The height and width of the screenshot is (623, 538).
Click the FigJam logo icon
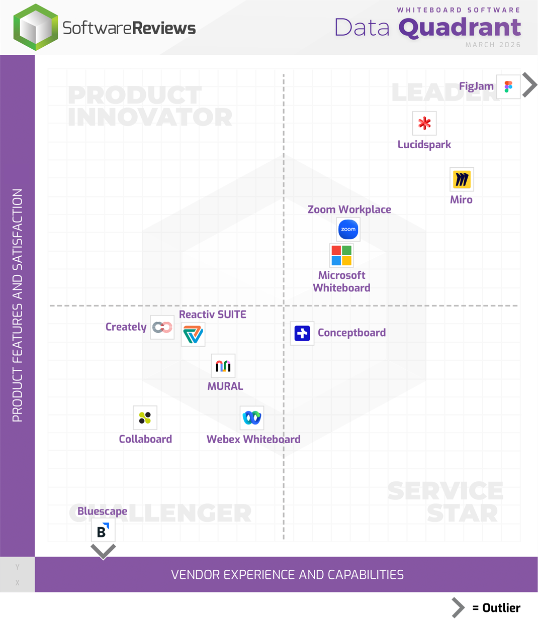point(508,87)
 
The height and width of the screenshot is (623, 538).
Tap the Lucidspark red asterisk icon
point(424,124)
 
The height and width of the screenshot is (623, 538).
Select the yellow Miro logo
point(462,179)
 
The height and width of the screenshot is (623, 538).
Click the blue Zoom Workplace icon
point(348,230)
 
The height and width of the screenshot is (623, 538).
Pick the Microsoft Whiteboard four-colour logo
point(341,255)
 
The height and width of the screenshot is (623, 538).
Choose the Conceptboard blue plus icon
point(302,333)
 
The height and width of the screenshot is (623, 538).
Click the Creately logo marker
point(162,328)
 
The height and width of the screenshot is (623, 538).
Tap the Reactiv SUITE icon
point(193,335)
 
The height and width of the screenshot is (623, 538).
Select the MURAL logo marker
point(223,366)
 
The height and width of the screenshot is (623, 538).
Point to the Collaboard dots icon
point(145,418)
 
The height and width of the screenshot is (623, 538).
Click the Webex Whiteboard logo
point(252,418)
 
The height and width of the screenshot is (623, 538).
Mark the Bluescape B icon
point(103,531)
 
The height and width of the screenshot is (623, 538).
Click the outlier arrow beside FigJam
point(529,85)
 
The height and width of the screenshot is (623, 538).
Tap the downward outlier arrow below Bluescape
point(103,552)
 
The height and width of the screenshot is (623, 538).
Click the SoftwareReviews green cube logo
point(36,28)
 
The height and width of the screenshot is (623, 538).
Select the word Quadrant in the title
point(460,28)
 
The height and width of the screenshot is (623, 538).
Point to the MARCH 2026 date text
point(493,45)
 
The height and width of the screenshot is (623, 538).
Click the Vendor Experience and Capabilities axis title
point(287,575)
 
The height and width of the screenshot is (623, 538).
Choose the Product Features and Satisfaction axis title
point(18,305)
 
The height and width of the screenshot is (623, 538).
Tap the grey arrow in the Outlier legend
point(458,607)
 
